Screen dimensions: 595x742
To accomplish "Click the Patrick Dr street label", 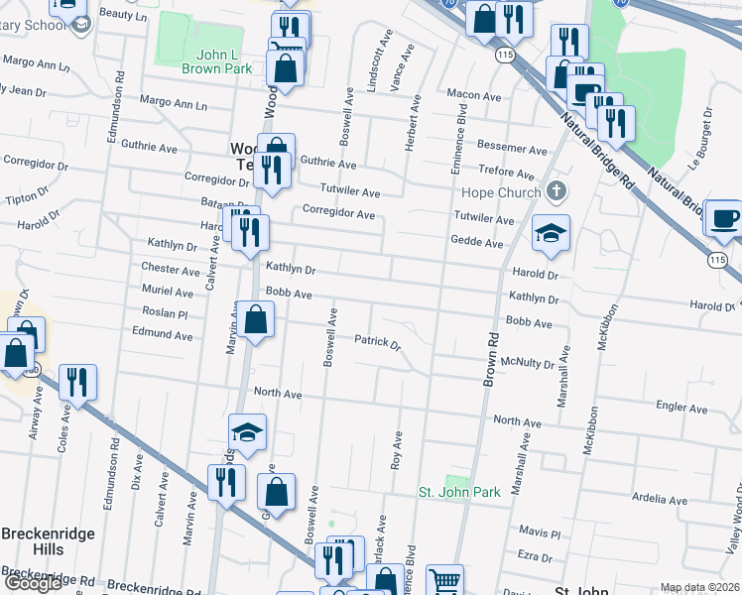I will click(377, 344).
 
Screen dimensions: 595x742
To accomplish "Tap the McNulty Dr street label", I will click(528, 364).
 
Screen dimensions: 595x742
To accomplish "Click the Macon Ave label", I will click(473, 96).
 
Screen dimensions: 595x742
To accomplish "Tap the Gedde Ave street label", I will click(477, 243).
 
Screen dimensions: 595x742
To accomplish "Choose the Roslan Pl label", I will click(165, 313).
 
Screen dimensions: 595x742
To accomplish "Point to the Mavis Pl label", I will click(541, 534).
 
